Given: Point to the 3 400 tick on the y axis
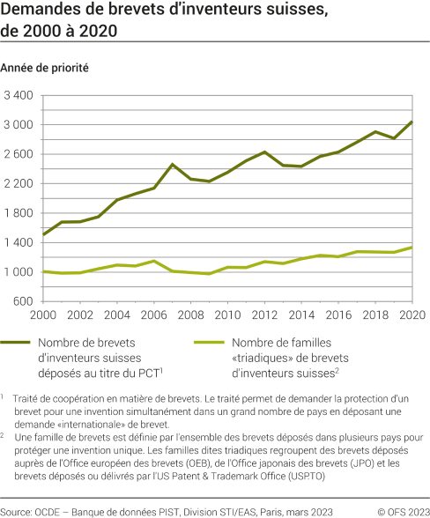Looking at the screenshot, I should [19, 95].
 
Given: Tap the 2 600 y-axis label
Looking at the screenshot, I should [19, 154].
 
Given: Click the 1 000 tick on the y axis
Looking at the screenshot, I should [19, 272].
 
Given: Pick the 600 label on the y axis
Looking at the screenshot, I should [24, 301].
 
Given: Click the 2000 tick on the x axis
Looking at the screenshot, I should [44, 314].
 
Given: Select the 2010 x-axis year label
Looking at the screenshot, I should [228, 314].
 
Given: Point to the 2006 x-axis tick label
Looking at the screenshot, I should [154, 314].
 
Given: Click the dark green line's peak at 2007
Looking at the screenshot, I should [173, 164].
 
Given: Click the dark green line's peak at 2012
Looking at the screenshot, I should [265, 152].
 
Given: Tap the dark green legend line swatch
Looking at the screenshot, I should [17, 343].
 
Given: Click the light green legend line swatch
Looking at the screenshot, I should [209, 343].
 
